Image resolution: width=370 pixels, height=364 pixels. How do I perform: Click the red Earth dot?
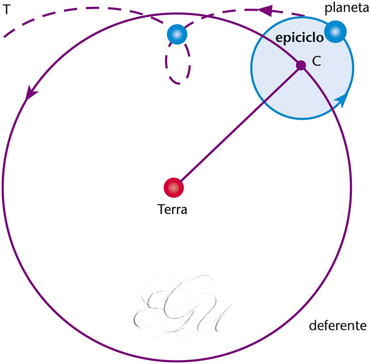(x=174, y=188)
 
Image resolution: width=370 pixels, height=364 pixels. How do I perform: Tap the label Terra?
(x=172, y=209)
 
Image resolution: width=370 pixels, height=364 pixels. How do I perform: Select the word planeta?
(x=346, y=8)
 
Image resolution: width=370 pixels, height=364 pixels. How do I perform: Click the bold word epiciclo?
(x=300, y=38)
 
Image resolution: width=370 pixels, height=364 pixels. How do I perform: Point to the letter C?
(x=317, y=62)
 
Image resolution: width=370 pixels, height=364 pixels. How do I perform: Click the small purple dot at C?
(x=301, y=65)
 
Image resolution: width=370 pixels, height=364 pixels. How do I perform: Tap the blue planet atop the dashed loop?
(x=177, y=35)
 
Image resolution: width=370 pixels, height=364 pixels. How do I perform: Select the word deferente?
(x=338, y=326)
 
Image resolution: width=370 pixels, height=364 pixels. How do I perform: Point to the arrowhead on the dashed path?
(x=264, y=10)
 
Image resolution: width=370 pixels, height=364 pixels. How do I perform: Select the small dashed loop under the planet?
(x=178, y=65)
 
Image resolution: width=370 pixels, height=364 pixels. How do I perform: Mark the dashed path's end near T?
(x=5, y=36)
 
